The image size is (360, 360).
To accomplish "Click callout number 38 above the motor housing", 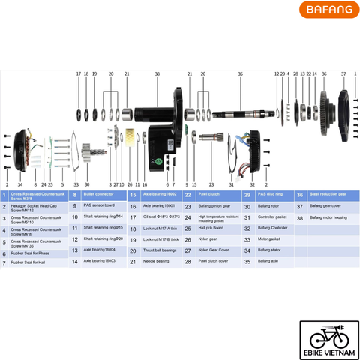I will [157, 74].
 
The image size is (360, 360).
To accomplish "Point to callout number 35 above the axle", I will [240, 74].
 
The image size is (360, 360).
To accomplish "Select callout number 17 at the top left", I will [78, 74].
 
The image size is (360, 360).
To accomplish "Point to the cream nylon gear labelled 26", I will [130, 139].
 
